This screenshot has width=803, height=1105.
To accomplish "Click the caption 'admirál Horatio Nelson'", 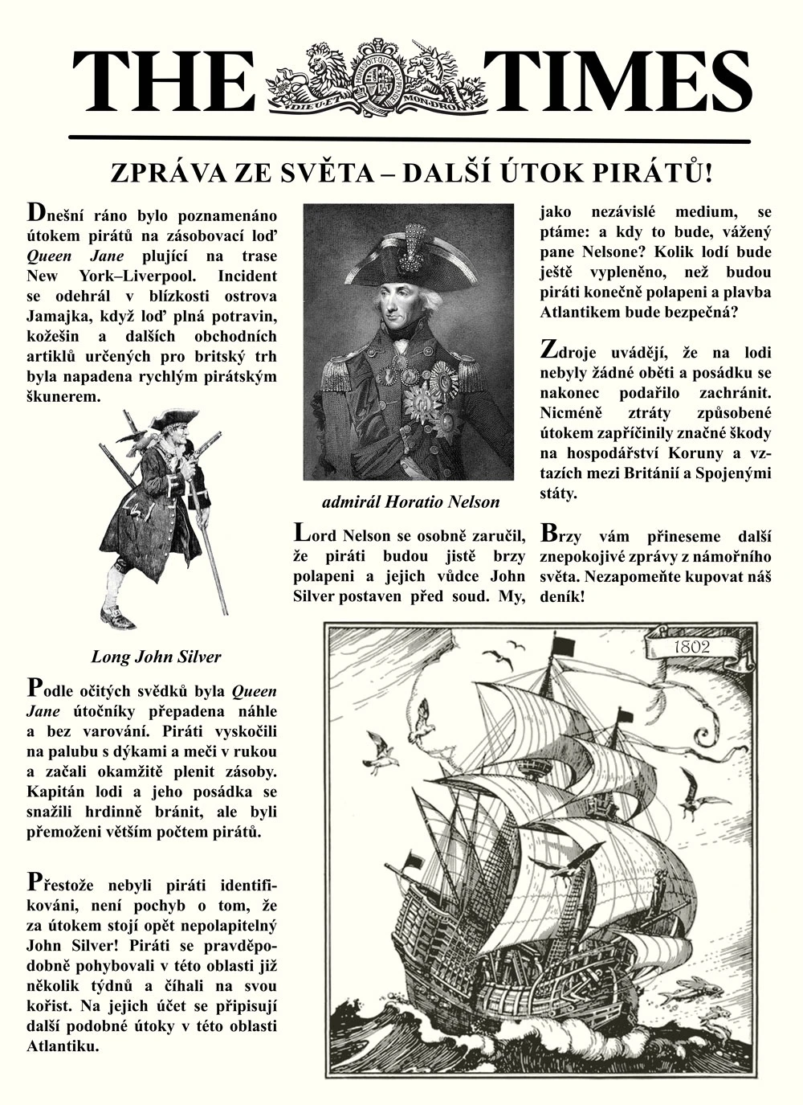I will coord(410,502).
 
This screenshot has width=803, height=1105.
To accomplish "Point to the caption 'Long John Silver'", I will coord(156,657).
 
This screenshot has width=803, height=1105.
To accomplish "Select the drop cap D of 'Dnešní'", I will coord(35,213).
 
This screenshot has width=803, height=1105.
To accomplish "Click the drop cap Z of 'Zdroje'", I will coord(548,350).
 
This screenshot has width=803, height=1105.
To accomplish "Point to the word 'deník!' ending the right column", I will coord(563,598).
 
